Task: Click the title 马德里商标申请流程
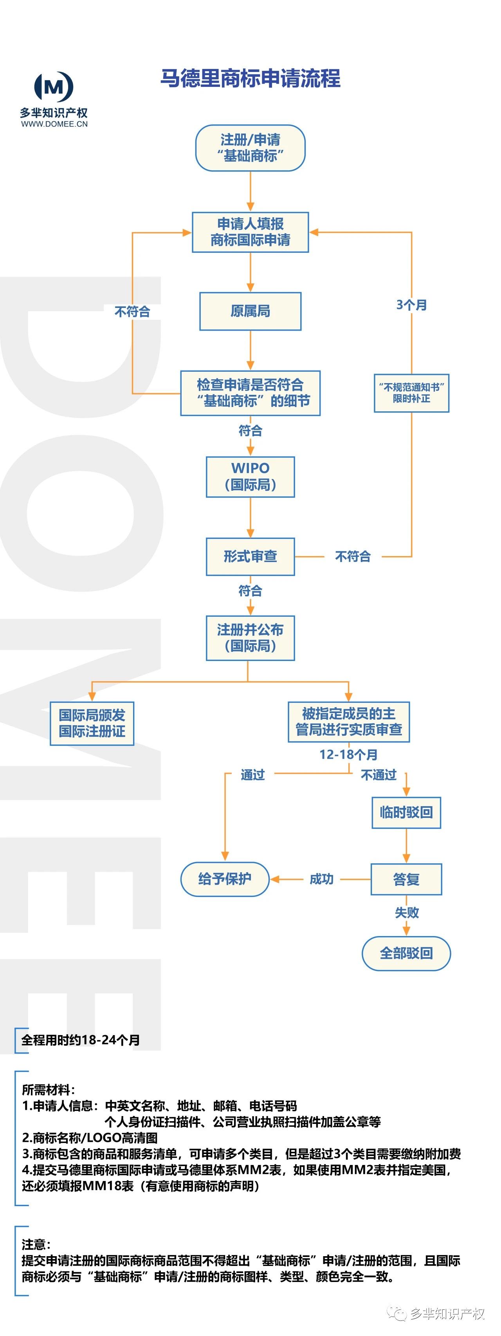(250, 78)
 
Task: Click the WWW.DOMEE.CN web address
(54, 124)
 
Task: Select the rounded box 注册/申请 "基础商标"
(250, 148)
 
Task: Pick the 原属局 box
(250, 311)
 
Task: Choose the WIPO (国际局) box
(250, 477)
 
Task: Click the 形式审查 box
(250, 556)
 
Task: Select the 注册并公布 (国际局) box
(250, 637)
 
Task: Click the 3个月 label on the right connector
(411, 305)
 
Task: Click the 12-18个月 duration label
(348, 754)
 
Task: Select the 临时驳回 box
(406, 812)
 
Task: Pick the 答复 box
(406, 879)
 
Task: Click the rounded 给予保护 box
(225, 879)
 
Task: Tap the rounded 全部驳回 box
(406, 953)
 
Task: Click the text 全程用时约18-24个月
(80, 1039)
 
